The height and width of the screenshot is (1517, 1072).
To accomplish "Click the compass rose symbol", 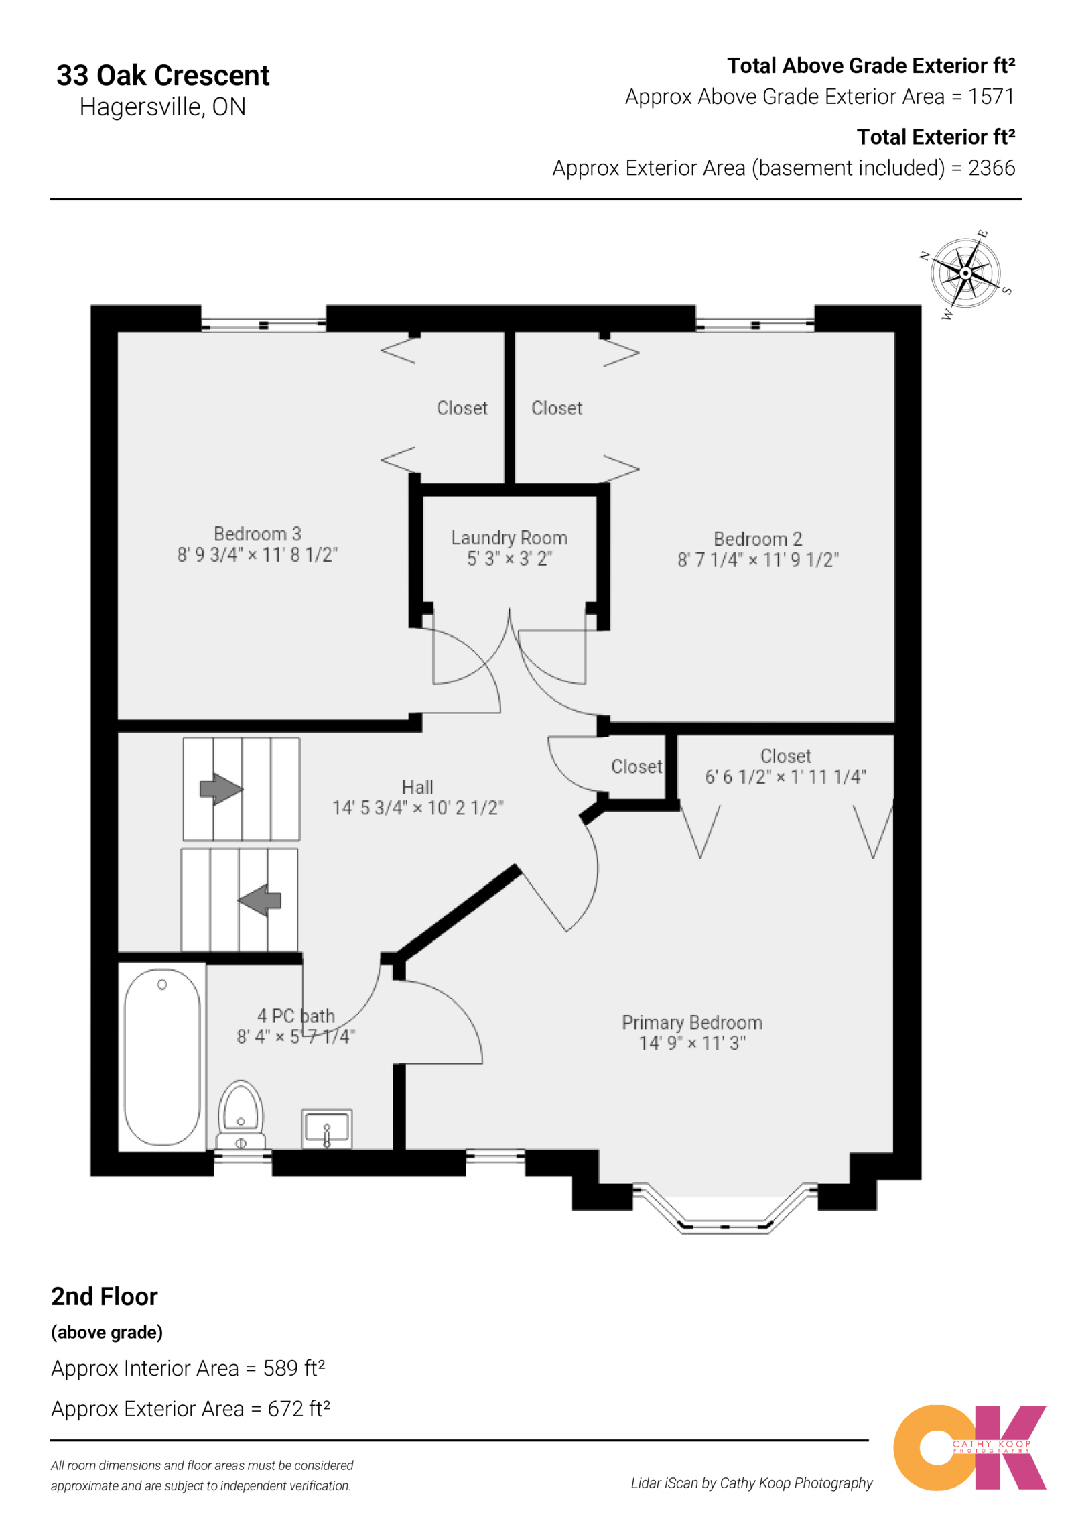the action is pyautogui.click(x=965, y=273).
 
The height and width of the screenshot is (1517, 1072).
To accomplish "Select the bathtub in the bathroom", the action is pyautogui.click(x=162, y=1056).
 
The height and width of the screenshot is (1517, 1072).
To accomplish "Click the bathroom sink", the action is pyautogui.click(x=326, y=1128).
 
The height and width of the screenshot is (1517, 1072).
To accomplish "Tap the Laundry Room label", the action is pyautogui.click(x=509, y=538).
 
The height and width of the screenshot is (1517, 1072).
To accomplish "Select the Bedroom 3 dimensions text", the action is pyautogui.click(x=257, y=555).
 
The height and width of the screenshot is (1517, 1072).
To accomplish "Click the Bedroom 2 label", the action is pyautogui.click(x=757, y=539).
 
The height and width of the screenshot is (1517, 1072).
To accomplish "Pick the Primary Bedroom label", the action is pyautogui.click(x=691, y=1022).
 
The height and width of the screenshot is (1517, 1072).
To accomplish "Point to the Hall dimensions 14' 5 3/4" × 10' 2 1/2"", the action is pyautogui.click(x=417, y=808).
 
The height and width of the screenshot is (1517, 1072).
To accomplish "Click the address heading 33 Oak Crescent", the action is pyautogui.click(x=163, y=75).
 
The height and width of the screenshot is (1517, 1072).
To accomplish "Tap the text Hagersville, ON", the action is pyautogui.click(x=163, y=107).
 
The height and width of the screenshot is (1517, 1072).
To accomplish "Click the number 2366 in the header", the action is pyautogui.click(x=991, y=168).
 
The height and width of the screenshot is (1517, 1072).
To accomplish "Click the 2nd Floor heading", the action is pyautogui.click(x=105, y=1296).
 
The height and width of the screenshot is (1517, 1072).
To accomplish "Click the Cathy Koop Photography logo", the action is pyautogui.click(x=969, y=1447).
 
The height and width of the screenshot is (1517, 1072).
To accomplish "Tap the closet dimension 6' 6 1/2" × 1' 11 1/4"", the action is pyautogui.click(x=785, y=777).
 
